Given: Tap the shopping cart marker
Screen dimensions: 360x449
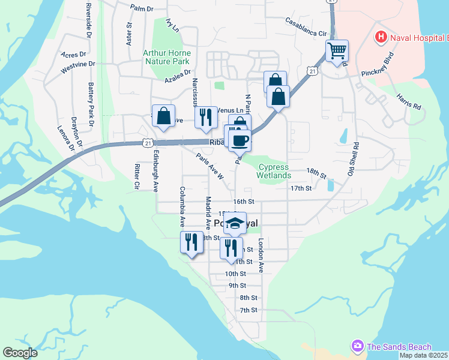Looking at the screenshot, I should (337, 51).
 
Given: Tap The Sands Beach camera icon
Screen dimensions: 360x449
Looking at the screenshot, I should (358, 346).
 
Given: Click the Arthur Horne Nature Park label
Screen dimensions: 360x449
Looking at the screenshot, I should (166, 56).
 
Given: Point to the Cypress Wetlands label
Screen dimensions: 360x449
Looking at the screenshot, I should (274, 171).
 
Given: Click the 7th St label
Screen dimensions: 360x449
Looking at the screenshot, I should (249, 310).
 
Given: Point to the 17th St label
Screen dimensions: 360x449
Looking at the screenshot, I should (301, 188).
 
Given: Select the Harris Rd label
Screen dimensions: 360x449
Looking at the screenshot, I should (408, 101).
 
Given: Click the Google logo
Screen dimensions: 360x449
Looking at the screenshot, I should (20, 352).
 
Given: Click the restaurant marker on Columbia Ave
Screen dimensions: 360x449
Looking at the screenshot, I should (191, 242).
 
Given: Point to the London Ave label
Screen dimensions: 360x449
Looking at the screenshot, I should (261, 256).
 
